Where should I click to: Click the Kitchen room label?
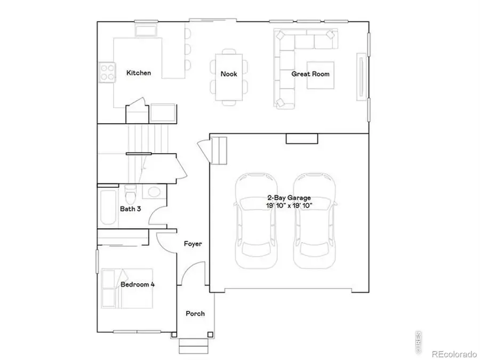tap(138, 73)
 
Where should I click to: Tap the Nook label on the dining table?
tap(229, 74)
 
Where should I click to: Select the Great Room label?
tap(310, 74)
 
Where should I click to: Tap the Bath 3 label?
tap(130, 209)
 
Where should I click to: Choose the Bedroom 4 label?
tap(138, 285)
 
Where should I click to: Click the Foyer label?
tap(193, 244)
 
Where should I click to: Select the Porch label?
tap(195, 314)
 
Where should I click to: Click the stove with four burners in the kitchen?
tap(107, 72)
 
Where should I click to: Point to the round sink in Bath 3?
tap(153, 192)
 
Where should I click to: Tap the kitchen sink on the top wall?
tap(145, 29)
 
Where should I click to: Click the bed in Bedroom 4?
tap(127, 288)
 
